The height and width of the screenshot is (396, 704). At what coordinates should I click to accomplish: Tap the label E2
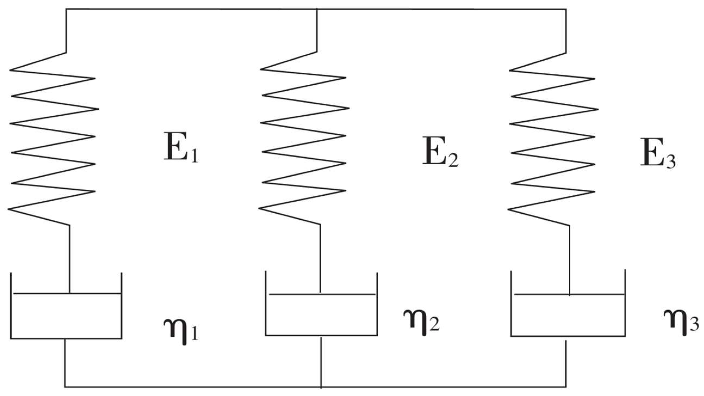tap(440, 152)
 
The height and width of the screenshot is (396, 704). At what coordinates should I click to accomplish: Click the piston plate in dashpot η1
tap(67, 294)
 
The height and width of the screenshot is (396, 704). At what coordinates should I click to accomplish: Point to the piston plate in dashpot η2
tap(322, 294)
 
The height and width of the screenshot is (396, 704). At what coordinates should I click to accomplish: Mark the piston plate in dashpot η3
tap(570, 295)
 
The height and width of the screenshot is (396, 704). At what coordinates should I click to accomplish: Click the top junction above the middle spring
tap(317, 10)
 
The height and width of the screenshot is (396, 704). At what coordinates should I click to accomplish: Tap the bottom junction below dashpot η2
tap(321, 387)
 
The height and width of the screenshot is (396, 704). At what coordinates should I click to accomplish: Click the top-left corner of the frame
tap(66, 10)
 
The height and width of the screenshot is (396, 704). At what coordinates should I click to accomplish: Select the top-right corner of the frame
tap(566, 10)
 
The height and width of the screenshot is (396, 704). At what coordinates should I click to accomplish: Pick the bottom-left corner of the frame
tap(65, 387)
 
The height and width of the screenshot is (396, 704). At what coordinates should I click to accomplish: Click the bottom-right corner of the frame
tap(566, 387)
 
